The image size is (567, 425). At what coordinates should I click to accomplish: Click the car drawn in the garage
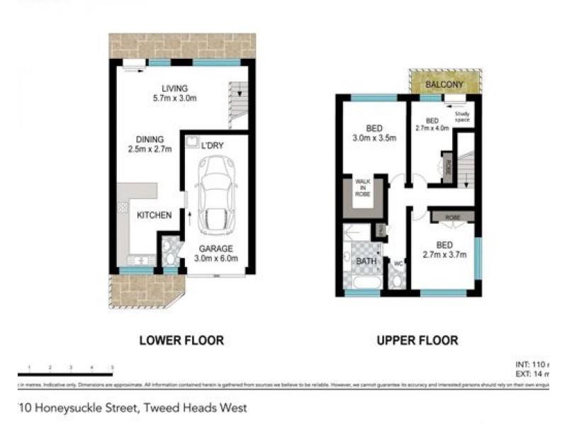[x=213, y=195]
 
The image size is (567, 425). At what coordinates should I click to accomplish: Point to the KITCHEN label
[x=155, y=215]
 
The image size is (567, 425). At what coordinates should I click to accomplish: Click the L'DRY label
[x=213, y=144]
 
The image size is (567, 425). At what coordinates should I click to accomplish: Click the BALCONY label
[x=444, y=85]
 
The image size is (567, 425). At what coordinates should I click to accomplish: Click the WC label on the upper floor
[x=398, y=265]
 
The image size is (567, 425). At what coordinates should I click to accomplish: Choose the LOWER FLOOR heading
[x=181, y=341]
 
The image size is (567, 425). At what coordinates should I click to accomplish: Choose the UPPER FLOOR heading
[x=417, y=341]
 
